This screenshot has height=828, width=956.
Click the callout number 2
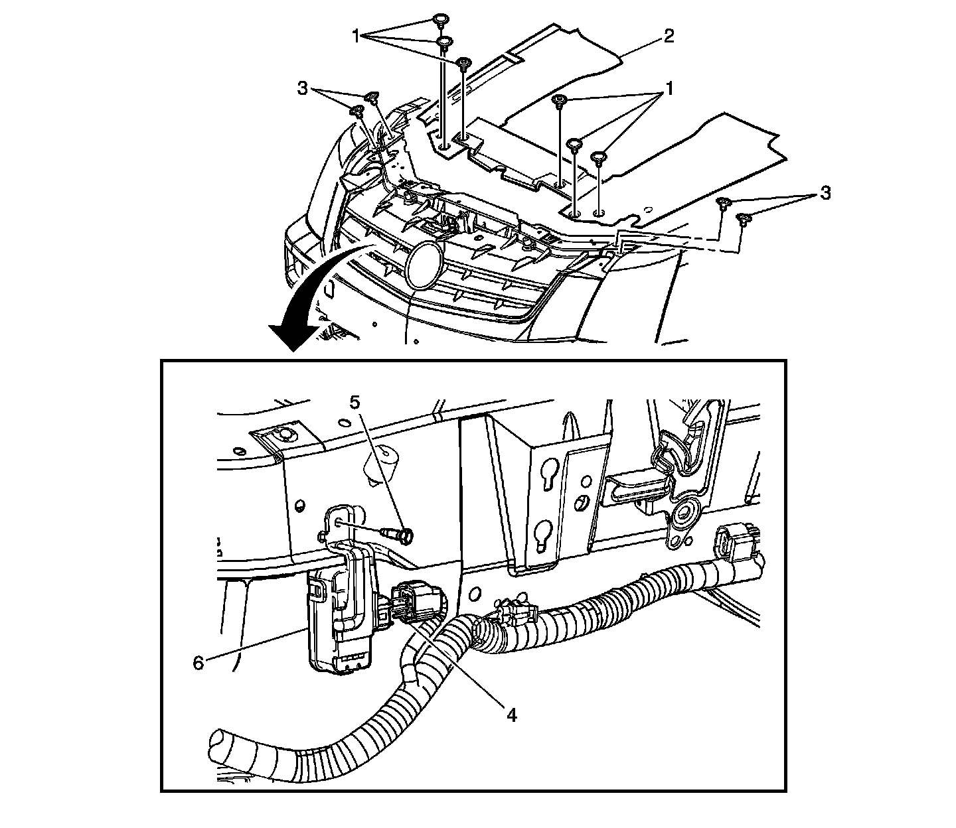pos(668,36)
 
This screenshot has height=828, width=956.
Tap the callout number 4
pos(511,715)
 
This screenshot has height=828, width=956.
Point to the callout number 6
pos(199,661)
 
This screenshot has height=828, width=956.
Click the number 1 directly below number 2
pos(669,88)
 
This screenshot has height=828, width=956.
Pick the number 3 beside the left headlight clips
pos(303,89)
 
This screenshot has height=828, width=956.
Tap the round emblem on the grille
pos(426,265)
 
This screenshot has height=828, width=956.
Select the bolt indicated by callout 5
pos(400,533)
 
